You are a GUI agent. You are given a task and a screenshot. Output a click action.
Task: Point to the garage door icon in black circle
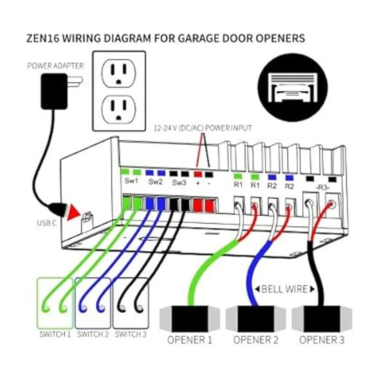coord(292,86)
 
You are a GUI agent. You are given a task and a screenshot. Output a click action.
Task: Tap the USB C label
coord(47,223)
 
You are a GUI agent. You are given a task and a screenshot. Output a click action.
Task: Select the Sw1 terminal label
coord(131,181)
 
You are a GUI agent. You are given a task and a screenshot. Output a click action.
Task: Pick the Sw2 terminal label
coord(155,182)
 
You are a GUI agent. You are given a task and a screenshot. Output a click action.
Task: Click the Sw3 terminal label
coord(179,182)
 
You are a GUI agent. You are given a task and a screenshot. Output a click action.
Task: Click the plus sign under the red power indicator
coord(198,183)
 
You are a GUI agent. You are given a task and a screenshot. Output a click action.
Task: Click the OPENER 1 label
coord(189,340)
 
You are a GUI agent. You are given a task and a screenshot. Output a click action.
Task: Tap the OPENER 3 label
coord(322,340)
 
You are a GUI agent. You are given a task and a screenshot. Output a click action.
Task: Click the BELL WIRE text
coord(285,289)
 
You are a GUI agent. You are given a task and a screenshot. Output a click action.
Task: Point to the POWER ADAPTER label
coord(56,66)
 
